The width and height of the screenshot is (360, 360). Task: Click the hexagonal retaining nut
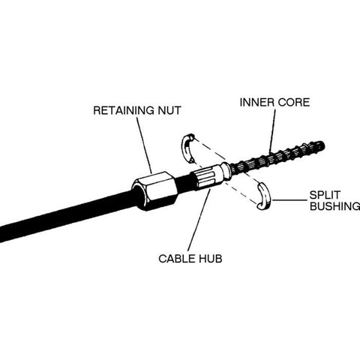tap(154, 191)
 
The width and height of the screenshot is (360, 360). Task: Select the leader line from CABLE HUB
tap(196, 221)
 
